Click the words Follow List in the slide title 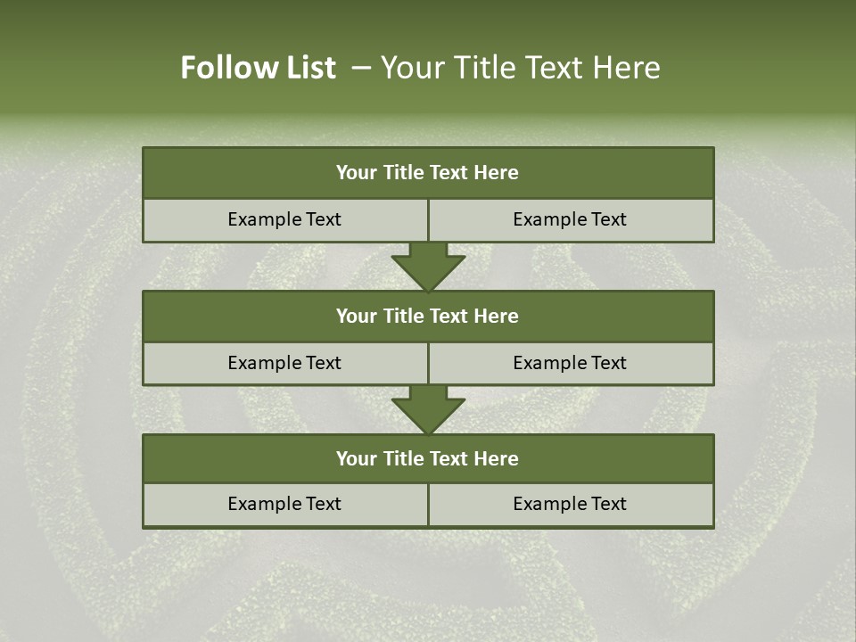click(258, 68)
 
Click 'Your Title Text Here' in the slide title click(520, 68)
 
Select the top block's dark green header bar click(428, 173)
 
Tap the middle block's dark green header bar click(428, 316)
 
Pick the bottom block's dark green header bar click(428, 458)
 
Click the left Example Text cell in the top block click(284, 219)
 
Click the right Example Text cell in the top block click(570, 219)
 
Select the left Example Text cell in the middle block click(284, 363)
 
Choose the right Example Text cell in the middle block click(570, 363)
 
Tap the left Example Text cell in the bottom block click(284, 504)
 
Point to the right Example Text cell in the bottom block click(570, 504)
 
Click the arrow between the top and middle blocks click(428, 267)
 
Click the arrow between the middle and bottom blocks click(428, 410)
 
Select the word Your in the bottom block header click(356, 458)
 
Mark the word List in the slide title click(307, 68)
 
